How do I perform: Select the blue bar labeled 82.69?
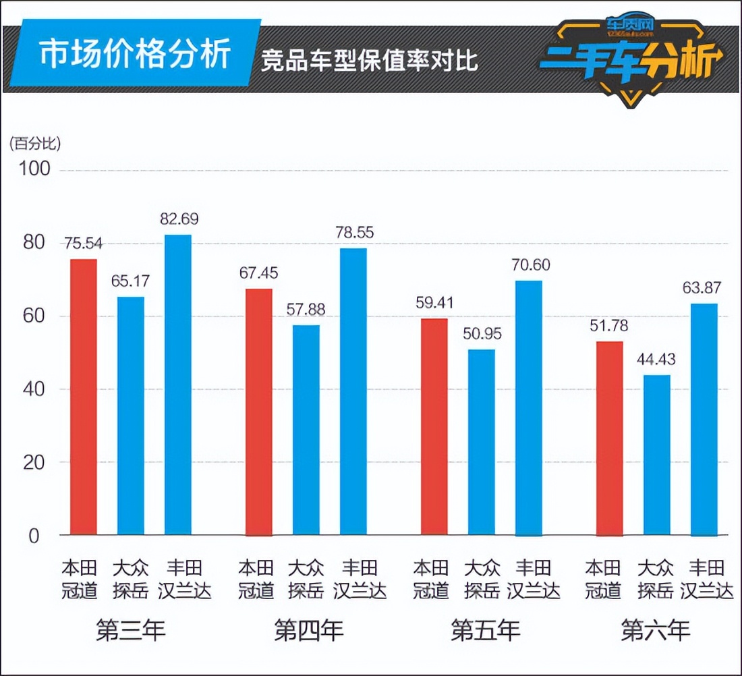tap(178, 385)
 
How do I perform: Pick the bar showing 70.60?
tap(529, 407)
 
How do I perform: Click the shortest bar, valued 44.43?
tap(657, 455)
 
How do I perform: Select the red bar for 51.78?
tap(610, 438)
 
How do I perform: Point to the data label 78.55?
tap(354, 233)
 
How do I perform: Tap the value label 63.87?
tap(702, 288)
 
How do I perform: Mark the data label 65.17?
tap(132, 281)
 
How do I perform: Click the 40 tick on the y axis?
tap(38, 389)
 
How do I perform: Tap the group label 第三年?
tap(131, 631)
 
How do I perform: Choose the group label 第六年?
tap(656, 631)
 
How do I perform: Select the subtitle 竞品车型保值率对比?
tap(370, 61)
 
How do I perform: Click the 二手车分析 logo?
tap(630, 59)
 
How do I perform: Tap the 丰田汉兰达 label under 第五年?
tap(533, 580)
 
